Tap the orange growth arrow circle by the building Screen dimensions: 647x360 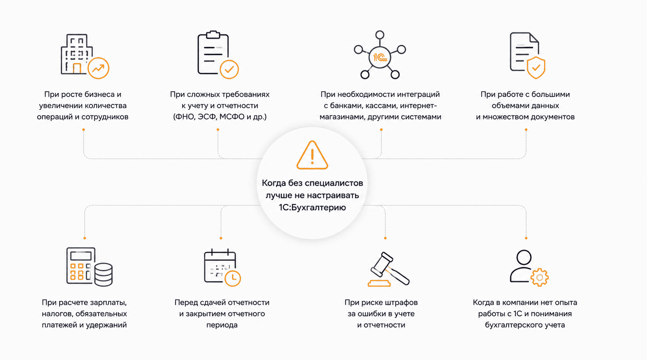(98, 68)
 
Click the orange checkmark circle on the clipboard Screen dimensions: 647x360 (229, 69)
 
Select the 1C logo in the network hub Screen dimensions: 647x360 (380, 57)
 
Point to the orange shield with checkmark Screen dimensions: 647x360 (536, 68)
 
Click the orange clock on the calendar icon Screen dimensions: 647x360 (232, 278)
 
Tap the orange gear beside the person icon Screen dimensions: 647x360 (539, 277)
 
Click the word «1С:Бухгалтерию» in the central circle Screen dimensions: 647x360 (312, 208)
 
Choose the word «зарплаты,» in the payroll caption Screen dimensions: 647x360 (108, 303)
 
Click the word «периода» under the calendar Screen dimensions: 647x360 (222, 325)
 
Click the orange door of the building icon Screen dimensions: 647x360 (77, 69)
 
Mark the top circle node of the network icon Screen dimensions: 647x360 (380, 35)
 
